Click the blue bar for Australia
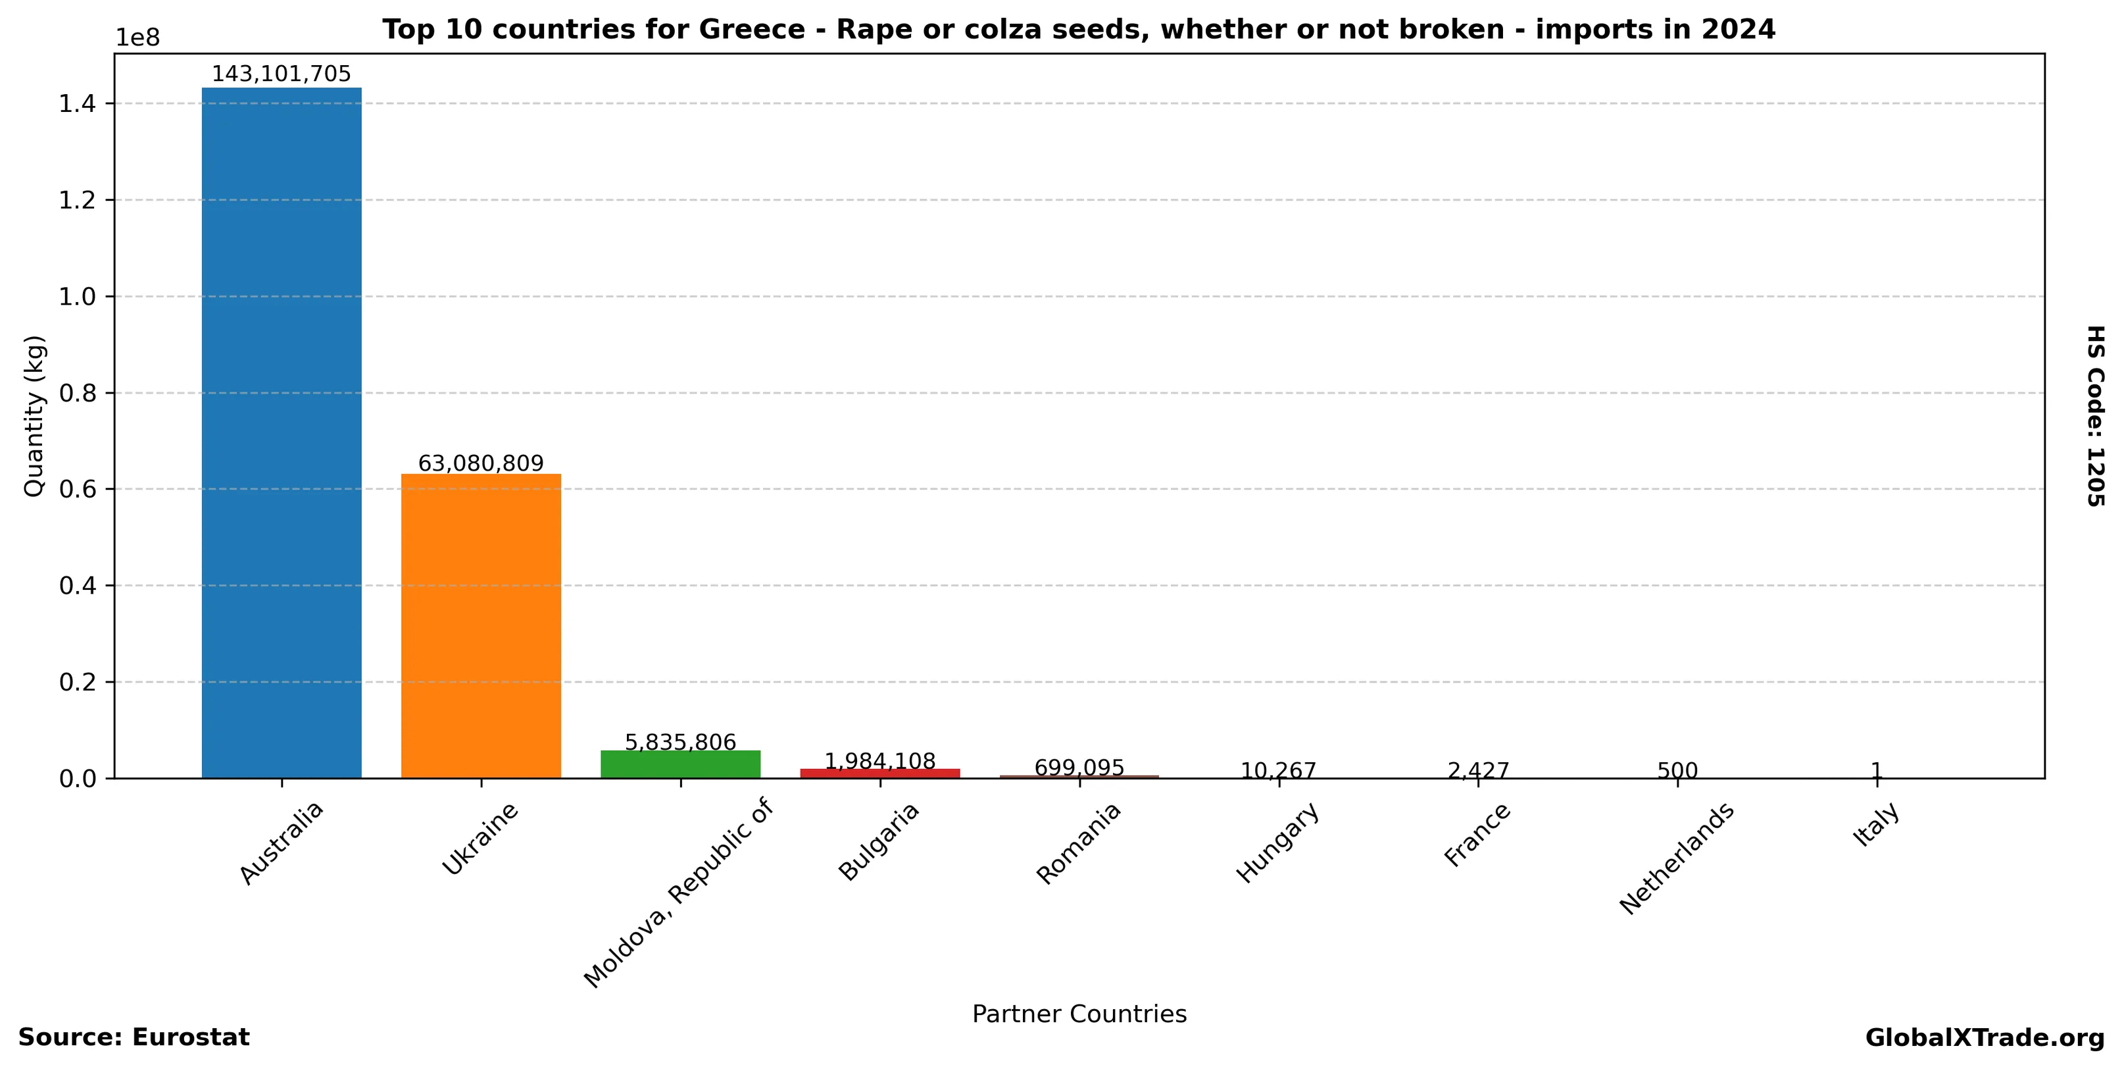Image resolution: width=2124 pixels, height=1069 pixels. point(281,432)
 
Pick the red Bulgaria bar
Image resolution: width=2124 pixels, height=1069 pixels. point(879,773)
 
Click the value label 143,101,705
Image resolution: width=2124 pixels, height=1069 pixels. point(281,74)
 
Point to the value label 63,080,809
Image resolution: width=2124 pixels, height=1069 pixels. point(481,463)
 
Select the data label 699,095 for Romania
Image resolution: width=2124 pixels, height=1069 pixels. point(1079,768)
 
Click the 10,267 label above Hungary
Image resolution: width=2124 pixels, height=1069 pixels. point(1278,771)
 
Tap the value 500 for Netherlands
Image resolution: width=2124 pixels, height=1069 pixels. point(1677,771)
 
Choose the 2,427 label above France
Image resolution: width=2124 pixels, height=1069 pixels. point(1477,771)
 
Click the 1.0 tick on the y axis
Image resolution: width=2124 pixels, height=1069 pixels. point(78,297)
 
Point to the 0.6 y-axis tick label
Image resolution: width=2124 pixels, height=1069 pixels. point(78,490)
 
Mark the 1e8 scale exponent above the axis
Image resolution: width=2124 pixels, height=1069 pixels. point(137,38)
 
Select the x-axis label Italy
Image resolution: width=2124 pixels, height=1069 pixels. point(1877,825)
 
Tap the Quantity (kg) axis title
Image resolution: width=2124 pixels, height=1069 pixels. point(34,416)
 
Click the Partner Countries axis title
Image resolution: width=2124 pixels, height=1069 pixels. point(1079,1014)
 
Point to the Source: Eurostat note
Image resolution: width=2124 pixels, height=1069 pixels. point(134,1037)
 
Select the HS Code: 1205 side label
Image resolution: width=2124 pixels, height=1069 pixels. point(2095,416)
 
